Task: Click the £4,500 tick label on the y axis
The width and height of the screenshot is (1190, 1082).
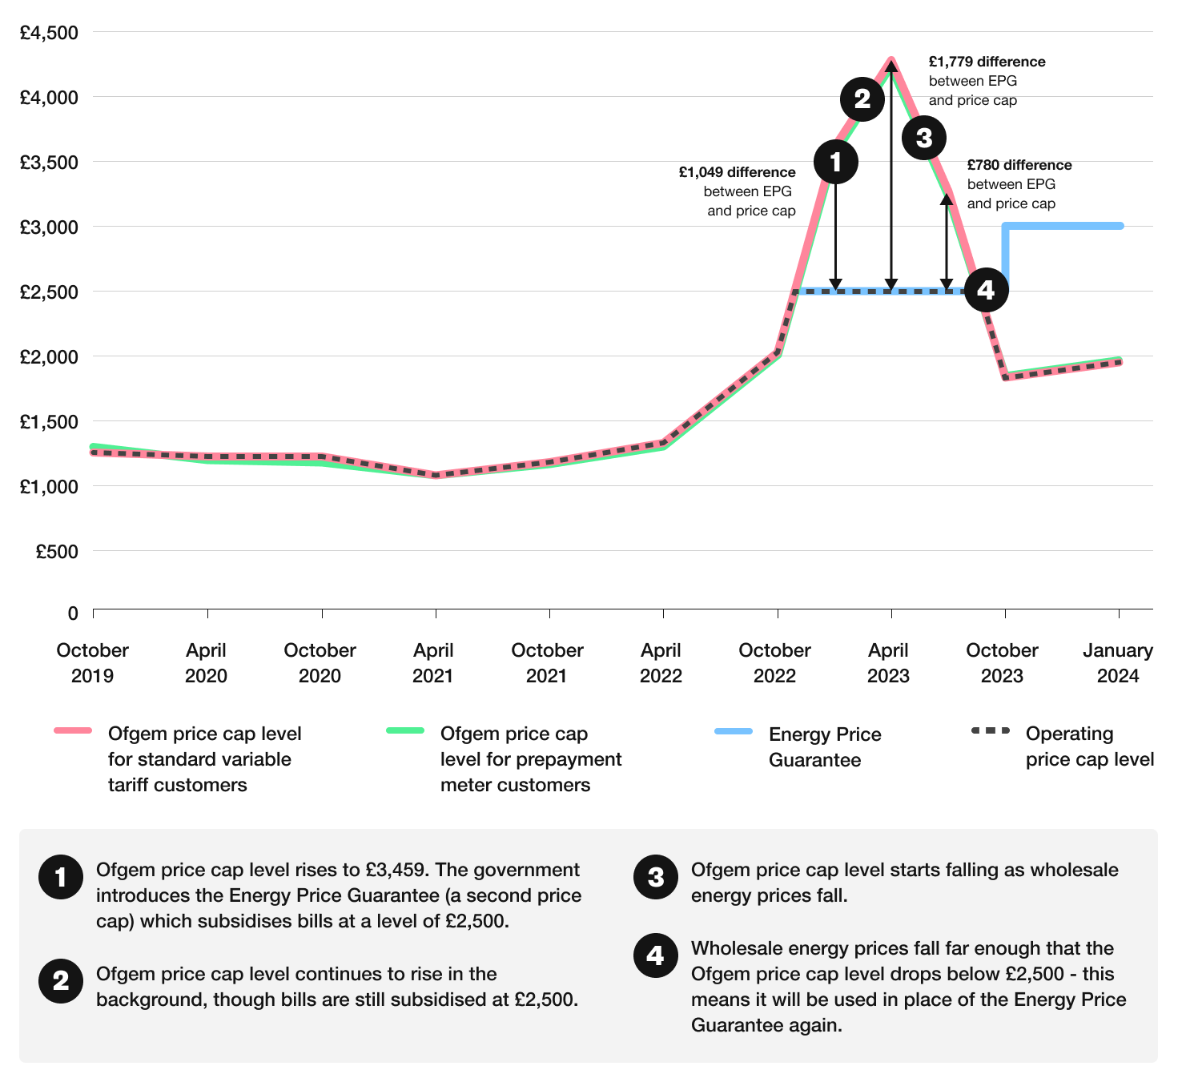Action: [49, 33]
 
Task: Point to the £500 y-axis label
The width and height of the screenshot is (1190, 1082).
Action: [57, 551]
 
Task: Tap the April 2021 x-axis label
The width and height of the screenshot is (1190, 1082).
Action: [433, 662]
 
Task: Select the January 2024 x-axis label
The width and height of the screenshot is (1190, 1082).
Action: [1118, 662]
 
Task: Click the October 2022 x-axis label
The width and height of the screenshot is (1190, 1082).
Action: [774, 662]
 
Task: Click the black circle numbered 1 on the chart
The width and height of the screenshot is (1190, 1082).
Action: [836, 162]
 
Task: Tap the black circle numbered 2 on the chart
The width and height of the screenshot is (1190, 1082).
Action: [862, 99]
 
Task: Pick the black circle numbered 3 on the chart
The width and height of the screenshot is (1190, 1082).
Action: [924, 138]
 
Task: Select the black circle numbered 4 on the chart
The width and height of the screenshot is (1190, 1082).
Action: [986, 289]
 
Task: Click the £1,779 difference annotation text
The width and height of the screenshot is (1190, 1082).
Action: [987, 62]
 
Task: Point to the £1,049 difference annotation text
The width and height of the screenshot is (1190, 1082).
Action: [737, 172]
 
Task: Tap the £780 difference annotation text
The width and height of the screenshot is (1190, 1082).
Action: [1019, 165]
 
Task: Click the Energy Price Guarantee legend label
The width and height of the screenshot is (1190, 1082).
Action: [824, 746]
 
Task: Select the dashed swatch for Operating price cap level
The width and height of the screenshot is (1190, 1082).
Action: [991, 730]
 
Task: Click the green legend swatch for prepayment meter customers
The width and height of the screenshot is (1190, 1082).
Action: [405, 730]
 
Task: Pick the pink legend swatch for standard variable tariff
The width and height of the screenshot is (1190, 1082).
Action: [73, 730]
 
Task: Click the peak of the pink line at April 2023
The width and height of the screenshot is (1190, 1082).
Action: [891, 61]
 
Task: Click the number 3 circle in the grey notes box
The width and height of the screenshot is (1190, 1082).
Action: [656, 877]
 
